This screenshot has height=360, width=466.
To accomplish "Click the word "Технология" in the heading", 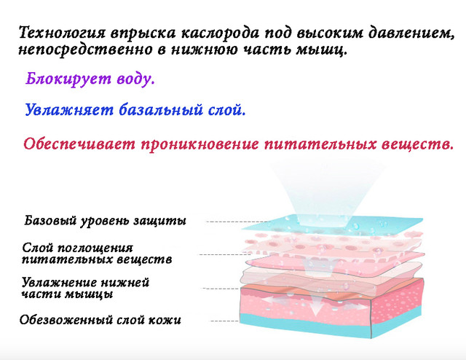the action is (62, 33).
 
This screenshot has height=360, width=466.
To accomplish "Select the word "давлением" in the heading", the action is (412, 33).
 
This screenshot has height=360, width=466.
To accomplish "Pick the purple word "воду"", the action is (135, 79).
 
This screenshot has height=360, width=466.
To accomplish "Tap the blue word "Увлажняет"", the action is (69, 110).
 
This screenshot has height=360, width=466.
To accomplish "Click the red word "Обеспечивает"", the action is (79, 144).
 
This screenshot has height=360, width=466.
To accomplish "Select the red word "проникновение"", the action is (200, 144).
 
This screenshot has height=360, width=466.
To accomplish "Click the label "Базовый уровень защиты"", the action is (105, 221).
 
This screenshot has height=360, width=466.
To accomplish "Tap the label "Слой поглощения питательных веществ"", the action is (97, 254).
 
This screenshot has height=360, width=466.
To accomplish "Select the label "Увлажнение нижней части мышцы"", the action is (85, 288).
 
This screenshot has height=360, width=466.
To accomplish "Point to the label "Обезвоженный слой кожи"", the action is (100, 320).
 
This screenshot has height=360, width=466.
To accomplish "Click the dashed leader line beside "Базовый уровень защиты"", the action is (238, 222).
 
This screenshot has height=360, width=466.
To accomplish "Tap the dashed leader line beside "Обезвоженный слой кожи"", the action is (225, 321).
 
